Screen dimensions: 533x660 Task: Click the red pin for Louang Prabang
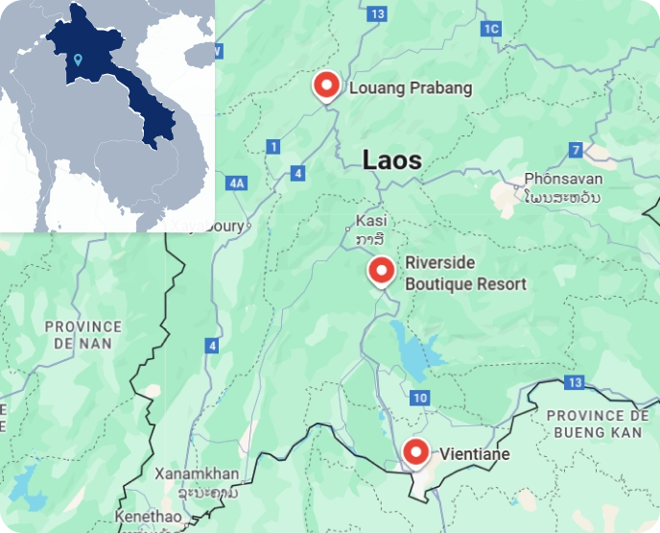[327, 85]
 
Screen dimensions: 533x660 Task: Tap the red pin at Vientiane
[415, 451]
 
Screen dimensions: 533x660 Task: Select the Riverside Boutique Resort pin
[382, 271]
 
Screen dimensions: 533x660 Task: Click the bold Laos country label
[391, 160]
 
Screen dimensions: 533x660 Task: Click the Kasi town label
[369, 220]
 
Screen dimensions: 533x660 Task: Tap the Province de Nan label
[83, 335]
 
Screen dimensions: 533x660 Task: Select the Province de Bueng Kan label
[597, 424]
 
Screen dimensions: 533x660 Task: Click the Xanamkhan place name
[196, 474]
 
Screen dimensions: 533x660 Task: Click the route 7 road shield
[576, 150]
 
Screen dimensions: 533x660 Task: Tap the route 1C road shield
[491, 29]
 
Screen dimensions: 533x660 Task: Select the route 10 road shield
[417, 398]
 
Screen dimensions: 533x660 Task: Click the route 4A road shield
[237, 182]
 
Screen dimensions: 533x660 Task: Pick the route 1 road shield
[273, 146]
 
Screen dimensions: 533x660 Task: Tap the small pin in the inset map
[77, 60]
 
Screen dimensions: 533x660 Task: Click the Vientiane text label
[475, 453]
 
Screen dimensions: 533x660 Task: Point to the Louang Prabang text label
[411, 88]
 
